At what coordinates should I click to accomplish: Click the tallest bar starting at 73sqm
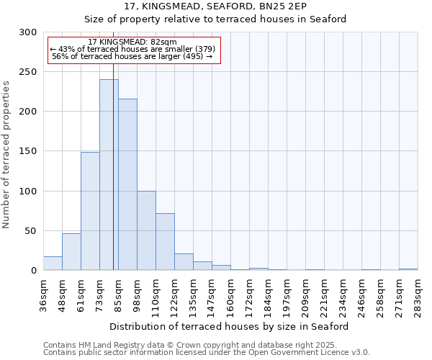pyautogui.click(x=109, y=175)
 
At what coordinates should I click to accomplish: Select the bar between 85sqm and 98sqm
pyautogui.click(x=127, y=185)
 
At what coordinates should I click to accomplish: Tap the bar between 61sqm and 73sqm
pyautogui.click(x=90, y=211)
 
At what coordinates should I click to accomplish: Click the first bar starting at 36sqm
pyautogui.click(x=53, y=263)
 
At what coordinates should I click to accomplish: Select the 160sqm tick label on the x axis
pyautogui.click(x=230, y=294)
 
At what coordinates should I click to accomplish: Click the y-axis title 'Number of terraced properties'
pyautogui.click(x=6, y=155)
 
